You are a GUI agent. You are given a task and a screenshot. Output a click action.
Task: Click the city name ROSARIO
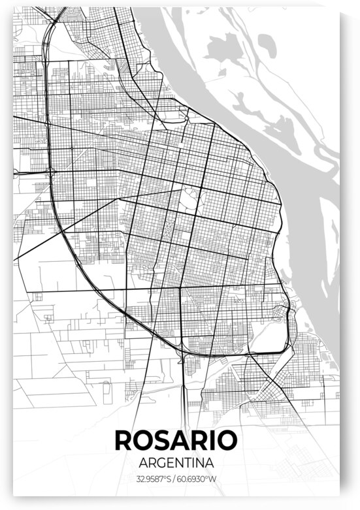(x=176, y=439)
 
